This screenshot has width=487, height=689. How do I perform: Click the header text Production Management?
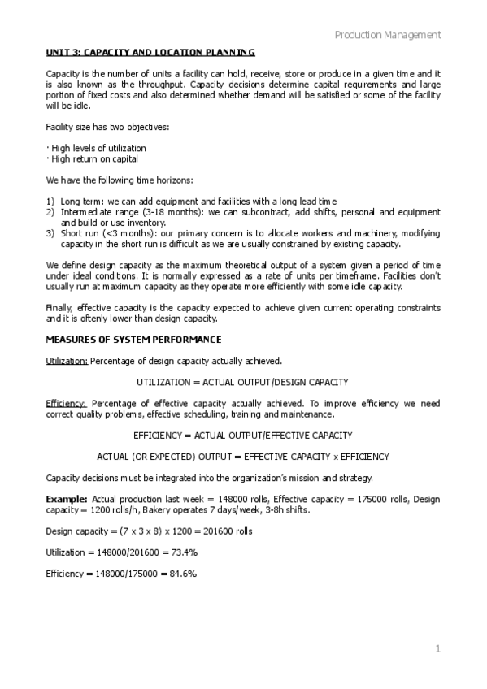point(388,35)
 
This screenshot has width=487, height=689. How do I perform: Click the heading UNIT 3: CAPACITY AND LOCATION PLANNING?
point(150,52)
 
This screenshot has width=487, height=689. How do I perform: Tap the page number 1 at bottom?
point(437,648)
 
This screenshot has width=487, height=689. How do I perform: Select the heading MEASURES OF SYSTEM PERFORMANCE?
point(133,339)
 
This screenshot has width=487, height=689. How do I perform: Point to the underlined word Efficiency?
point(67,402)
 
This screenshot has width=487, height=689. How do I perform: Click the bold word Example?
point(67,497)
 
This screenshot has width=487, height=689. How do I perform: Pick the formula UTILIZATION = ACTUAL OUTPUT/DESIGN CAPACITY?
point(242,381)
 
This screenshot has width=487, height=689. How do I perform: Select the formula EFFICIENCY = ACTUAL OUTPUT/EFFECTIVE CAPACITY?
point(242,435)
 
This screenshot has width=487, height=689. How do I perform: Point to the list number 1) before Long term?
point(50,201)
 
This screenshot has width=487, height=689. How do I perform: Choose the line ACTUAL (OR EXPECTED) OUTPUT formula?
point(242,456)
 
